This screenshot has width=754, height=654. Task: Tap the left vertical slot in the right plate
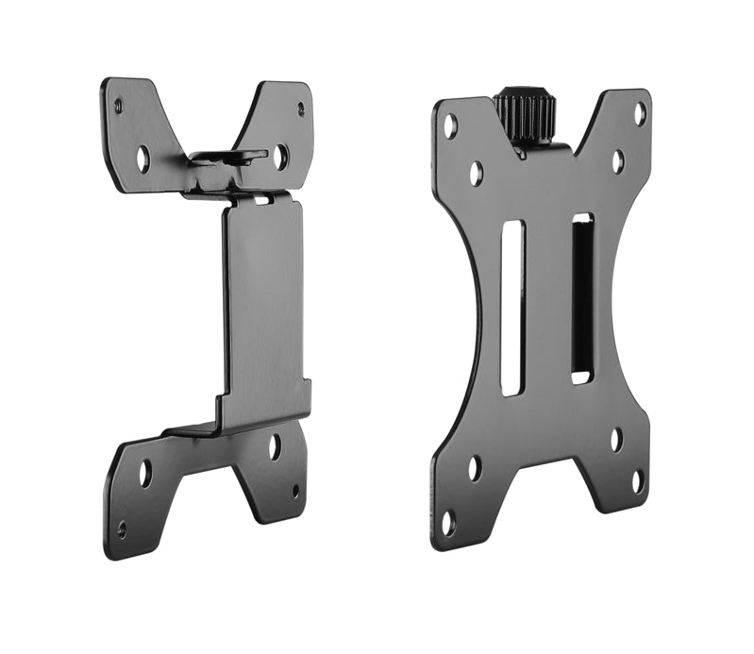(x=511, y=308)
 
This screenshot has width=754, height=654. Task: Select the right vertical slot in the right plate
(x=582, y=298)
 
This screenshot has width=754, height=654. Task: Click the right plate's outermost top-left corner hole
(x=451, y=123)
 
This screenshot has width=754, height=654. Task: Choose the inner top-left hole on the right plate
(x=477, y=173)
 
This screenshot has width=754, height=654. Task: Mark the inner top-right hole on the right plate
(x=617, y=161)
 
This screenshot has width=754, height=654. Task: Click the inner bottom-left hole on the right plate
(x=475, y=467)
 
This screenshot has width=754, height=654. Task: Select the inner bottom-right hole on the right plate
(x=616, y=439)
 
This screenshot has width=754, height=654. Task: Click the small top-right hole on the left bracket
(x=301, y=109)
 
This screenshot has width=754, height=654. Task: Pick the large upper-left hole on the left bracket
(x=142, y=158)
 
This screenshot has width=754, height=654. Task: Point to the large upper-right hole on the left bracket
(x=280, y=156)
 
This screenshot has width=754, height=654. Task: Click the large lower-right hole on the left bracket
(x=274, y=446)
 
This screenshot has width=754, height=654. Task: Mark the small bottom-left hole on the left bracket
(x=121, y=528)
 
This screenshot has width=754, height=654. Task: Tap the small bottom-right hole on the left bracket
(x=294, y=492)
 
